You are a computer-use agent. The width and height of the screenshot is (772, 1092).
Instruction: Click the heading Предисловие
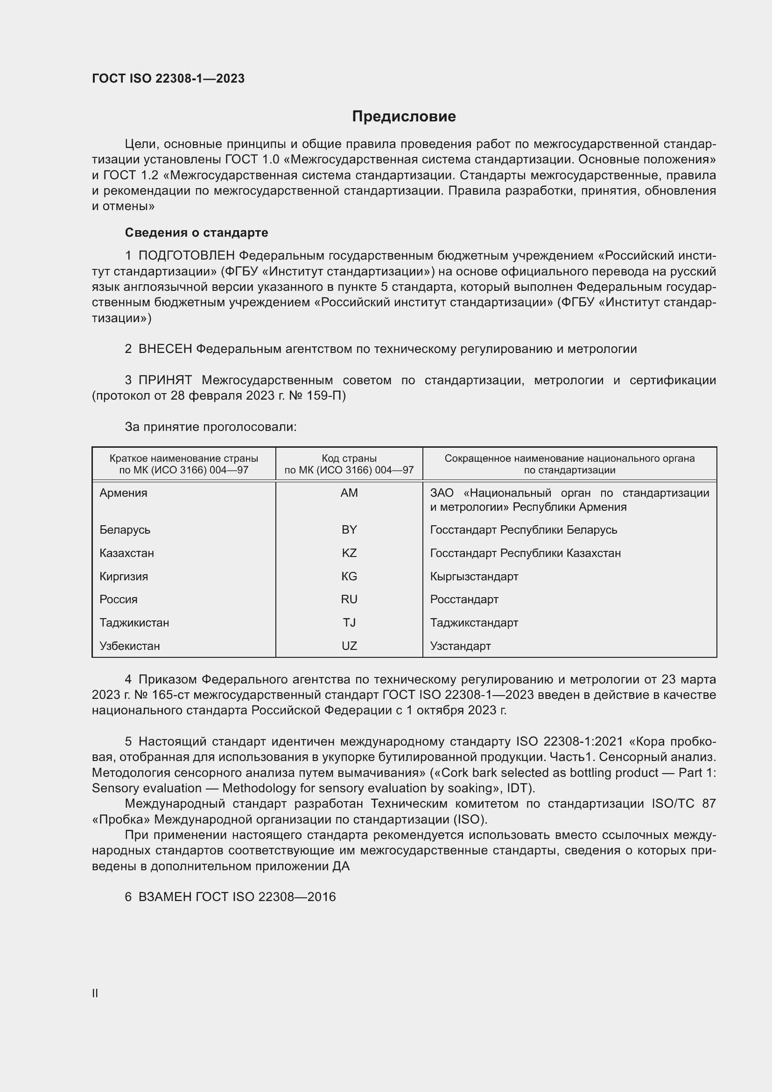pyautogui.click(x=404, y=117)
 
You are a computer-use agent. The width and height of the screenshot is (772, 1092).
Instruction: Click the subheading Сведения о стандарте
pyautogui.click(x=196, y=232)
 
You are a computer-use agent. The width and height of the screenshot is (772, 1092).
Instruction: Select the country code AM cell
pyautogui.click(x=349, y=493)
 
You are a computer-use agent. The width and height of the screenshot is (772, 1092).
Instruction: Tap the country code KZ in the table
pyautogui.click(x=349, y=553)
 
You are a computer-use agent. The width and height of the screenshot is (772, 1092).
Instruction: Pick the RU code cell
pyautogui.click(x=349, y=599)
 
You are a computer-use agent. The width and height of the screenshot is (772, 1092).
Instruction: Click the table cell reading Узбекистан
pyautogui.click(x=129, y=646)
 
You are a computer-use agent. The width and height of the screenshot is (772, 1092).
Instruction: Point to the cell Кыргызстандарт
pyautogui.click(x=474, y=577)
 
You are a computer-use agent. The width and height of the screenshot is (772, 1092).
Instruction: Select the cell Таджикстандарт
pyautogui.click(x=474, y=623)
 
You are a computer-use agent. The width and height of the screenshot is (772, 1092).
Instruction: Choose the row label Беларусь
pyautogui.click(x=125, y=530)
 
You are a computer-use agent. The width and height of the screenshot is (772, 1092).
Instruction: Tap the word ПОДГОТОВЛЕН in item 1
pyautogui.click(x=186, y=256)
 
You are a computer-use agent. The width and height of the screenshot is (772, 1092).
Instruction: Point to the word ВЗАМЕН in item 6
pyautogui.click(x=165, y=897)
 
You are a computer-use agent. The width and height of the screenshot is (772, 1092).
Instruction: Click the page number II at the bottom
pyautogui.click(x=95, y=993)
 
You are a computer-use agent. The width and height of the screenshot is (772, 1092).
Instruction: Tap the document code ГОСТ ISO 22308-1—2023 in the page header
pyautogui.click(x=168, y=78)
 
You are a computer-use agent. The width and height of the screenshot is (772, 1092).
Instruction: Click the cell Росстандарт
pyautogui.click(x=464, y=599)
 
